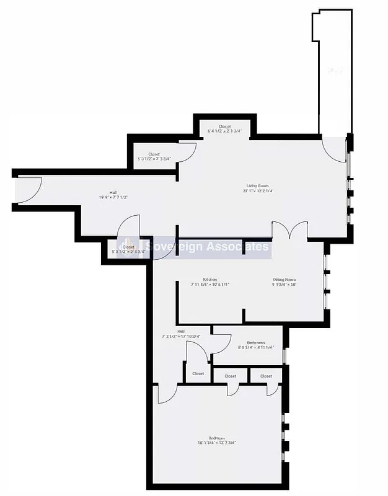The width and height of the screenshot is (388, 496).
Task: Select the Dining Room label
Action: [x=284, y=279]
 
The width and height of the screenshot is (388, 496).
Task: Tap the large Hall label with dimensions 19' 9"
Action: [x=113, y=193]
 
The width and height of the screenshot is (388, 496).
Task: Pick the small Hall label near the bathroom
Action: [x=181, y=332]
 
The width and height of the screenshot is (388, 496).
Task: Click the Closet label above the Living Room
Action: [x=224, y=126]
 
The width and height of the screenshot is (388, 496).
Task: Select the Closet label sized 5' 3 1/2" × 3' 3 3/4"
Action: [x=154, y=154]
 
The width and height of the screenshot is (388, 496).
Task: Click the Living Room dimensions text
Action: [x=258, y=191]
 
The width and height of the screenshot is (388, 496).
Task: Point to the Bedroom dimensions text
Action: [x=217, y=442]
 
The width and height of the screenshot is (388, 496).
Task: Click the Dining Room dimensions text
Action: [x=284, y=285]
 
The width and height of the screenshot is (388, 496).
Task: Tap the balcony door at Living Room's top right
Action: [x=335, y=149]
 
